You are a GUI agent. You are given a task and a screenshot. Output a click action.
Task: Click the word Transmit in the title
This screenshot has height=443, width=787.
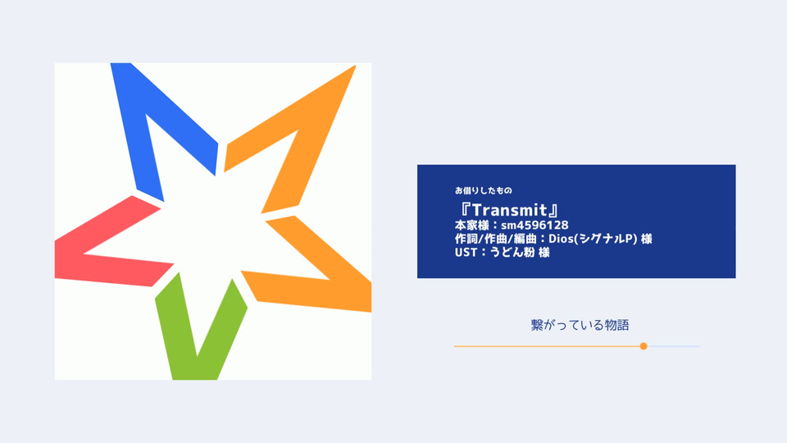pyautogui.click(x=509, y=210)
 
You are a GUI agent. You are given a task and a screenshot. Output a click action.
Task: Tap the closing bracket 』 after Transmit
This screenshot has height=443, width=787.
pyautogui.click(x=553, y=210)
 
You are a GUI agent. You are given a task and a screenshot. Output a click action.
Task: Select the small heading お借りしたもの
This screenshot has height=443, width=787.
pyautogui.click(x=484, y=190)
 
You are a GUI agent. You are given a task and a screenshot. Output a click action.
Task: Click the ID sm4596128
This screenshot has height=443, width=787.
pyautogui.click(x=535, y=225)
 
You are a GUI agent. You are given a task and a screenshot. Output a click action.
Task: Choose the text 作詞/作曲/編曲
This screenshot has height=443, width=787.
pyautogui.click(x=496, y=239)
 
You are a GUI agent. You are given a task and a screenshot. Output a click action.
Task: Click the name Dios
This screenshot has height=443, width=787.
pyautogui.click(x=561, y=239)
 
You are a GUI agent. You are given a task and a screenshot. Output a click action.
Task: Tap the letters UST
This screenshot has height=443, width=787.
pyautogui.click(x=466, y=252)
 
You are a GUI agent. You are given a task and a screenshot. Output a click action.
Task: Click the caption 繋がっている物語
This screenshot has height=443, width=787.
pyautogui.click(x=580, y=325)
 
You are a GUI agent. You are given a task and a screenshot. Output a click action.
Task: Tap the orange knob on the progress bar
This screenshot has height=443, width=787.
pyautogui.click(x=644, y=346)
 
